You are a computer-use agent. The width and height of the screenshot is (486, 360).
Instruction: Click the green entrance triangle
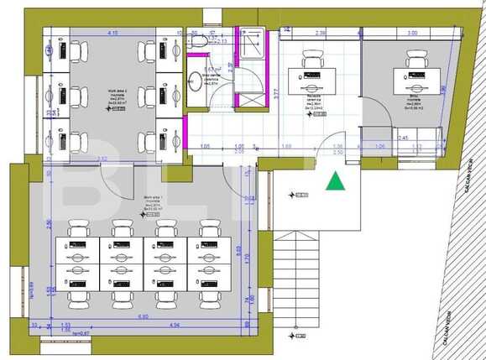click(335, 181)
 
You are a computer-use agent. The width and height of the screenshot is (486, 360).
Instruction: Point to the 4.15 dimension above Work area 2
click(112, 33)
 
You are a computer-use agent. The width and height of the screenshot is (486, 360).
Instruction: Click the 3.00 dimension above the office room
click(411, 33)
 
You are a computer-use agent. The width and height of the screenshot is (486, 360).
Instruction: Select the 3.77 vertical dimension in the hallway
click(276, 93)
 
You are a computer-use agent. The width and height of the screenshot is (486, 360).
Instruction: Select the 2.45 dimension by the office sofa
click(402, 138)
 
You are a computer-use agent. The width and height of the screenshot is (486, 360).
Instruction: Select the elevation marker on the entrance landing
click(297, 195)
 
